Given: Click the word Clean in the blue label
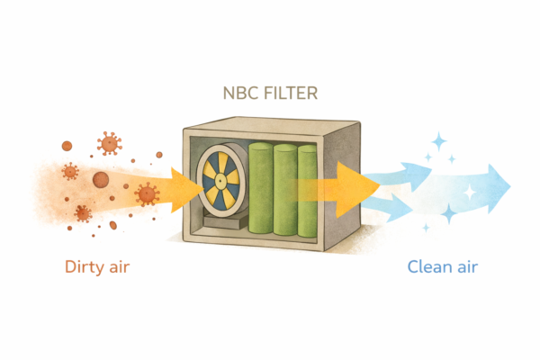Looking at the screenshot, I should [x=428, y=267].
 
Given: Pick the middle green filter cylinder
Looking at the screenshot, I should [x=286, y=191].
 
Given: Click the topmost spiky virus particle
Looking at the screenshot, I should [x=110, y=142].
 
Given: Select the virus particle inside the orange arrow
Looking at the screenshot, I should [x=147, y=193].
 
